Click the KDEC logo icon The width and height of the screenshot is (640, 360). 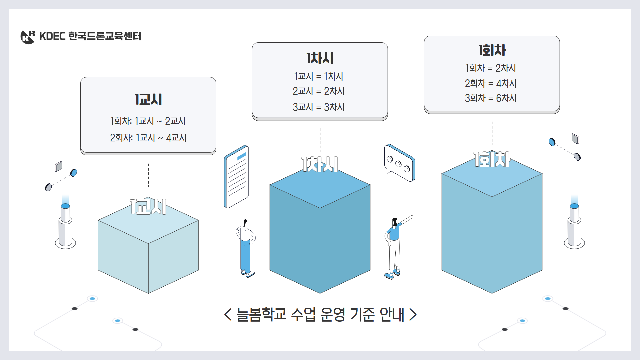(28, 37)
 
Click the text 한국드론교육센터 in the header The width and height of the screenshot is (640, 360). (105, 36)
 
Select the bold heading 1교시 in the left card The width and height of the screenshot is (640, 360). (148, 99)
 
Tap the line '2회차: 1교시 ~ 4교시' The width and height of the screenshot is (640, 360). (148, 138)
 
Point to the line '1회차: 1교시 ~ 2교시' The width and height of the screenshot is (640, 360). (148, 121)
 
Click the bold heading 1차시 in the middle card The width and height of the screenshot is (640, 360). (320, 58)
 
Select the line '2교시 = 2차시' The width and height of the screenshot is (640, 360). (318, 91)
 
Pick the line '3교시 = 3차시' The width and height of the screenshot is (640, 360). (318, 107)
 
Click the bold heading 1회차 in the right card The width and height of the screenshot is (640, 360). (492, 50)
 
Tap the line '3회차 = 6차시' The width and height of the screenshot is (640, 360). (490, 98)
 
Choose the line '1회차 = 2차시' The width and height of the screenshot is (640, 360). (490, 68)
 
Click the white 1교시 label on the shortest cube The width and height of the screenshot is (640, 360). (148, 207)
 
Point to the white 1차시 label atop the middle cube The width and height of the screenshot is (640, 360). (320, 164)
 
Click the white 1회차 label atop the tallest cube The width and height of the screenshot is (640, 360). (492, 159)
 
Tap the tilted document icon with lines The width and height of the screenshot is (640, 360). (236, 177)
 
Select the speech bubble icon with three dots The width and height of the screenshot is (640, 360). (399, 163)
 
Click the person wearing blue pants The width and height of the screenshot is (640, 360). (246, 248)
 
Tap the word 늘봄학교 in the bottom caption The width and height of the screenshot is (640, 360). (261, 314)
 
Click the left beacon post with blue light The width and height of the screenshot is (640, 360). (65, 225)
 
